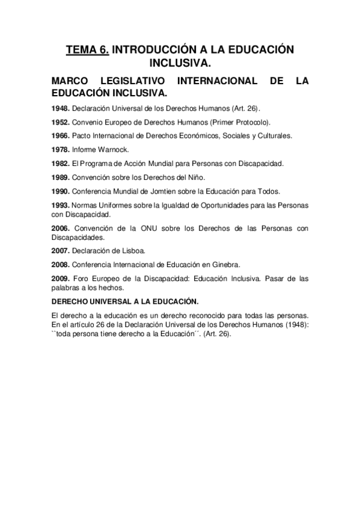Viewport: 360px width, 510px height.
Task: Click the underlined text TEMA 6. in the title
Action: point(87,51)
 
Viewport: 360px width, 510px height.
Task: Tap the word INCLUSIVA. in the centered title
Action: point(180,63)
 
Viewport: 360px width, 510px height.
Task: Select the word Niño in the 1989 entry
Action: point(196,177)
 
